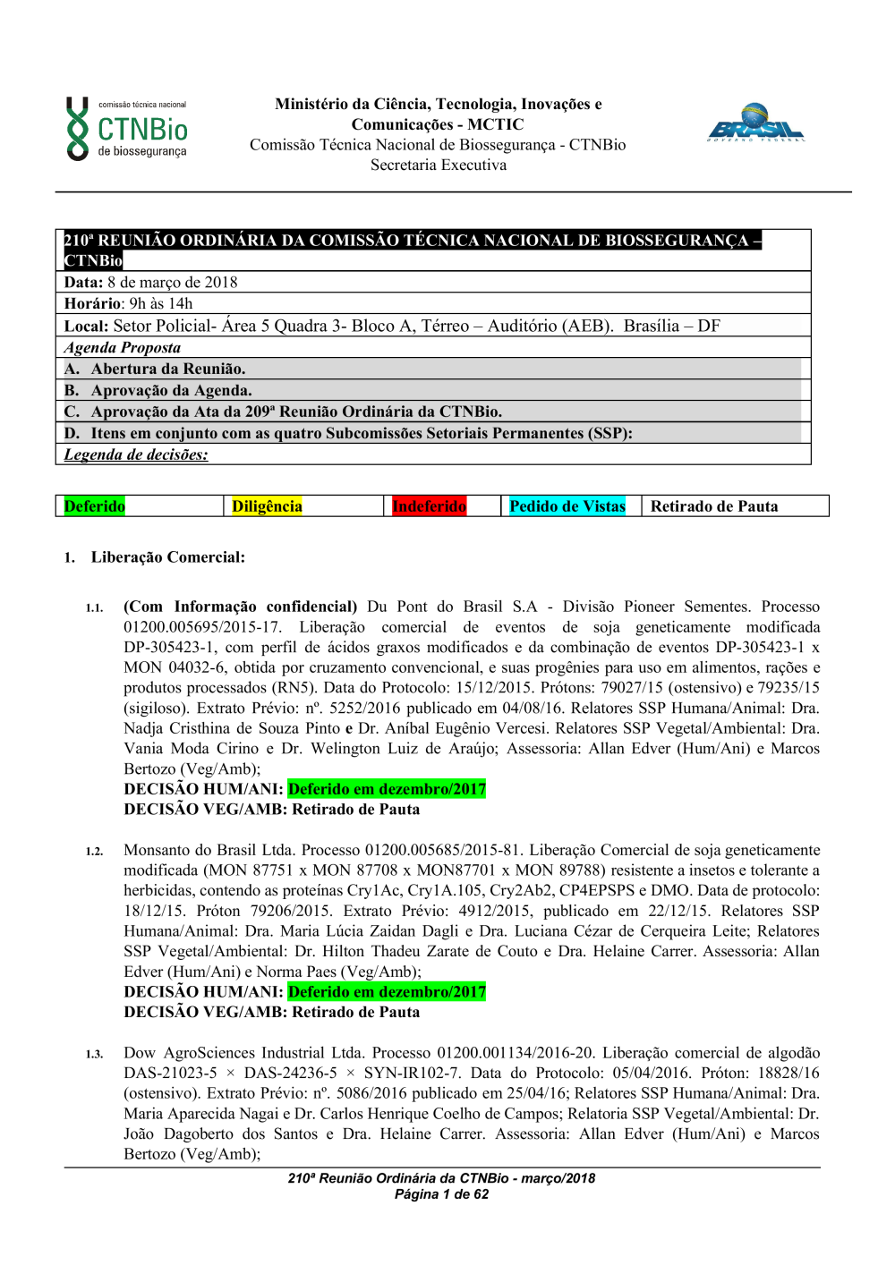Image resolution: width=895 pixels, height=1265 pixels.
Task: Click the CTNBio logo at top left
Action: pyautogui.click(x=126, y=129)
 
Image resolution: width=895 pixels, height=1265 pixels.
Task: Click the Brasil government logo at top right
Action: pyautogui.click(x=756, y=123)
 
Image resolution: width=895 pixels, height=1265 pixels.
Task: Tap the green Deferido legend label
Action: pyautogui.click(x=95, y=506)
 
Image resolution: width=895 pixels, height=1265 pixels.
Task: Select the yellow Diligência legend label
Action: pyautogui.click(x=267, y=506)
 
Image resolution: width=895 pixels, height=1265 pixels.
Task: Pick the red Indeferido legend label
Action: pyautogui.click(x=429, y=506)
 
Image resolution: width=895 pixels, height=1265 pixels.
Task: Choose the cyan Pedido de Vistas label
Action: pyautogui.click(x=567, y=506)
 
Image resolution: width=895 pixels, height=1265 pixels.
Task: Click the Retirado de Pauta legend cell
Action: pyautogui.click(x=714, y=506)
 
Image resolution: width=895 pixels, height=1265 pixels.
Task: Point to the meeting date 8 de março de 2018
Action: pyautogui.click(x=173, y=283)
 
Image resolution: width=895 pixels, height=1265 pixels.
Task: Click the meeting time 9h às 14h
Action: pyautogui.click(x=161, y=304)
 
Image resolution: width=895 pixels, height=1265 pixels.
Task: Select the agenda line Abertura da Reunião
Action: pyautogui.click(x=167, y=369)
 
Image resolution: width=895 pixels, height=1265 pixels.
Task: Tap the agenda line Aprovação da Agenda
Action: pyautogui.click(x=171, y=390)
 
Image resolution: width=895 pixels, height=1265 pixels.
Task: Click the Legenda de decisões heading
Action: pyautogui.click(x=136, y=454)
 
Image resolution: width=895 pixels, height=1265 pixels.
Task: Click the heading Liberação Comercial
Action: pyautogui.click(x=167, y=557)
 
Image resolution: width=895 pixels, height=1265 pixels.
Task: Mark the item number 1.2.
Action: pyautogui.click(x=94, y=852)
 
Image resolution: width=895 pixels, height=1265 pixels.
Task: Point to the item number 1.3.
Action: pyautogui.click(x=94, y=1055)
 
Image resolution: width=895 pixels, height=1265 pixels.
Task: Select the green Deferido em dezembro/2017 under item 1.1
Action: pyautogui.click(x=387, y=789)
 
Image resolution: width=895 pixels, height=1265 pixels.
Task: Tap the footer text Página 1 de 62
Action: pyautogui.click(x=441, y=1194)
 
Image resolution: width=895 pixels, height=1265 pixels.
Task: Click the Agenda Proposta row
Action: pyautogui.click(x=123, y=348)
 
